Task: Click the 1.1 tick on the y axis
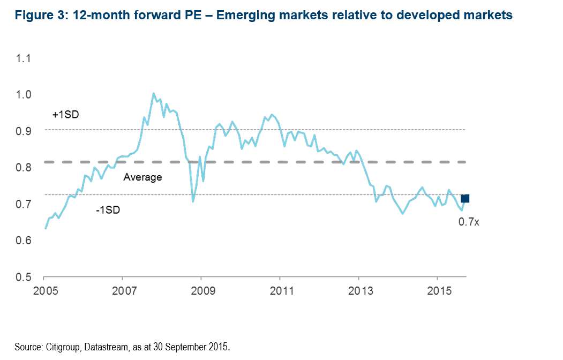point(25,58)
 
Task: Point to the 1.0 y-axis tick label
point(25,94)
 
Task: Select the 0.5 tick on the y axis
point(25,277)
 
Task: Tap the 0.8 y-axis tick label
point(25,168)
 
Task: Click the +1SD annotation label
point(65,114)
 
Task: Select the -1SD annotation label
point(108,210)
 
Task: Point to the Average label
point(142,177)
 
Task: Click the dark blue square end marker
point(465,199)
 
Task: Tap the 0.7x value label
point(468,221)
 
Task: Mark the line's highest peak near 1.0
point(154,93)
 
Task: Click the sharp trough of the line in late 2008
point(193,201)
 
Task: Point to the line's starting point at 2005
point(46,228)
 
